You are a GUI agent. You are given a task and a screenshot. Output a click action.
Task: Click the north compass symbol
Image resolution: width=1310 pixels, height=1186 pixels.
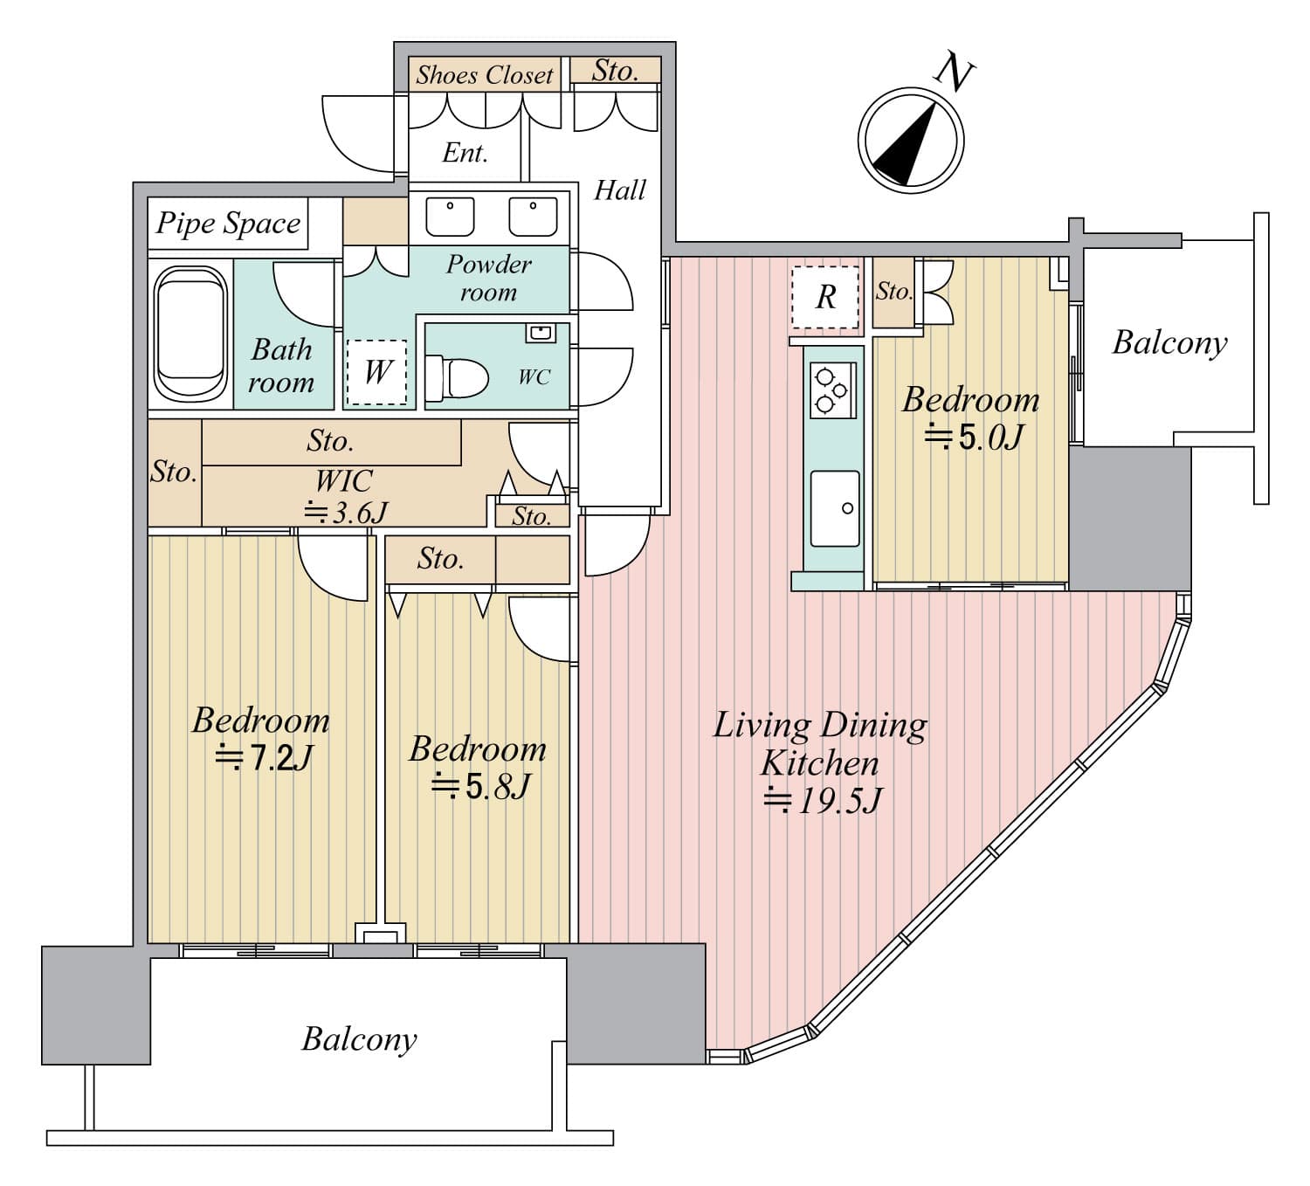[x=910, y=140]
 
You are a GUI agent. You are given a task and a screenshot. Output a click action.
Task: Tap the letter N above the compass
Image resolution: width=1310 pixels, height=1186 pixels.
[x=955, y=75]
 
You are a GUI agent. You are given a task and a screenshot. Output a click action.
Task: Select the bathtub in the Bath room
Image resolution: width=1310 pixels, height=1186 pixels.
[x=190, y=334]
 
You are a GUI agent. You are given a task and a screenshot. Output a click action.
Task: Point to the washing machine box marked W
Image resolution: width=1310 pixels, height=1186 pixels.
[x=376, y=372]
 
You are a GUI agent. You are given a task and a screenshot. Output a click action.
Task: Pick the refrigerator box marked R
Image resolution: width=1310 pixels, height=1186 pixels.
[x=825, y=297]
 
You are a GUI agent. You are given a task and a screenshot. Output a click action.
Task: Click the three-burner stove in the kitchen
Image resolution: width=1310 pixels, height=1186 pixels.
[x=832, y=390]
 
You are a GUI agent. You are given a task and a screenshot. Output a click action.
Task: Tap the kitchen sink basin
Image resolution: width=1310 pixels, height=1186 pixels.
[x=835, y=508]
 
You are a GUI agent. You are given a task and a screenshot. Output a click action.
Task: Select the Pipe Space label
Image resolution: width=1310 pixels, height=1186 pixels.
[x=228, y=224]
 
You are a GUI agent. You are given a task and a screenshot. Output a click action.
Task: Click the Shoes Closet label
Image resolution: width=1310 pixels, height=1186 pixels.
[x=485, y=75]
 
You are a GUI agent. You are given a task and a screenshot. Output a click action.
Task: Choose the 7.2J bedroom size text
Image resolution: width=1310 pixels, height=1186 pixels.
[x=264, y=757]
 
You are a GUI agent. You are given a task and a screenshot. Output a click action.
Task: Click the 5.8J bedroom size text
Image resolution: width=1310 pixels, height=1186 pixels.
[x=480, y=786]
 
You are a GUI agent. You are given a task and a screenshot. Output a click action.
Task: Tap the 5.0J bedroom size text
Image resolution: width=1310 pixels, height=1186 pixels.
[x=973, y=437]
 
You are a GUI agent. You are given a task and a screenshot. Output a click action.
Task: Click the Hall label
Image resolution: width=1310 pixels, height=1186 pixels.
[x=620, y=190]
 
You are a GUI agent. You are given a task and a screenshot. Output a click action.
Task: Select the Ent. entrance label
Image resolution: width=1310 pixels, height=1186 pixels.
[x=465, y=153]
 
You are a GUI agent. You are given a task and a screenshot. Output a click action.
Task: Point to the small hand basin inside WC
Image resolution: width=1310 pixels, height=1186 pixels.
[x=541, y=333]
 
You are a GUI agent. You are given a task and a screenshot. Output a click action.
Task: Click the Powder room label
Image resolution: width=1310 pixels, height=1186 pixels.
[x=488, y=279]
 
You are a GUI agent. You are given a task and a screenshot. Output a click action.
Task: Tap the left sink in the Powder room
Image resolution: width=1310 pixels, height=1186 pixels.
[x=450, y=216]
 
